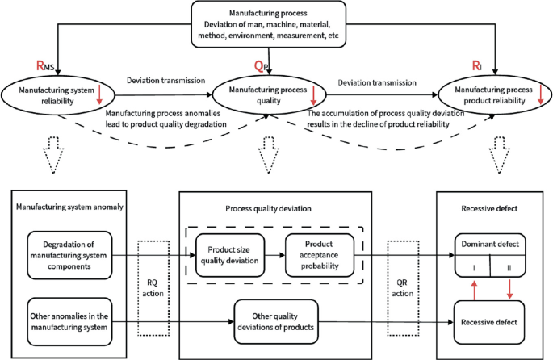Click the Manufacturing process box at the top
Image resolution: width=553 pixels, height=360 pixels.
pyautogui.click(x=268, y=24)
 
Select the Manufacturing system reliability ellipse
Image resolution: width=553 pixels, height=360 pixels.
pyautogui.click(x=58, y=95)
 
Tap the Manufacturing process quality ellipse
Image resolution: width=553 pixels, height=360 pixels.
pyautogui.click(x=270, y=95)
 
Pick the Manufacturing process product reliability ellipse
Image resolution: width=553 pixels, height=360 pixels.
pyautogui.click(x=495, y=95)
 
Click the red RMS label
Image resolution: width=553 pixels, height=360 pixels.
pyautogui.click(x=45, y=65)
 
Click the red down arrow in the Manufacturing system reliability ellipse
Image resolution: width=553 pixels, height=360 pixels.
pyautogui.click(x=99, y=94)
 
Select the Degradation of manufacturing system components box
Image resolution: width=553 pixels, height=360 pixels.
pyautogui.click(x=69, y=255)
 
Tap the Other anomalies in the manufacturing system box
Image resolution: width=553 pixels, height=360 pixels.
pyautogui.click(x=69, y=321)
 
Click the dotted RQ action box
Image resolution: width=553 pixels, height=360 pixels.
pyautogui.click(x=153, y=288)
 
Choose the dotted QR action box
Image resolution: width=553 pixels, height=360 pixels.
pyautogui.click(x=403, y=288)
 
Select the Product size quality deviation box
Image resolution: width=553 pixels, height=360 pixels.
pyautogui.click(x=230, y=255)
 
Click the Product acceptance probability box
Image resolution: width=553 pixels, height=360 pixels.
pyautogui.click(x=320, y=255)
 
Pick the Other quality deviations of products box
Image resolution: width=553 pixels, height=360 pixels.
pyautogui.click(x=276, y=321)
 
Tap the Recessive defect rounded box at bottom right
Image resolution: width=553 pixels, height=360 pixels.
pyautogui.click(x=489, y=322)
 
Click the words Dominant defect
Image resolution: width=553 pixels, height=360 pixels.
pyautogui.click(x=490, y=244)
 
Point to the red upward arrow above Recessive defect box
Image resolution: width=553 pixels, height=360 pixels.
pyautogui.click(x=475, y=291)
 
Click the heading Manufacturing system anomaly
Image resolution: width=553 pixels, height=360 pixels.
pyautogui.click(x=69, y=207)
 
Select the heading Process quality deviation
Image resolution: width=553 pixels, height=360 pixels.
pyautogui.click(x=268, y=209)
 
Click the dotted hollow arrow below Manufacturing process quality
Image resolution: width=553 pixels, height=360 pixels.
pyautogui.click(x=269, y=155)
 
